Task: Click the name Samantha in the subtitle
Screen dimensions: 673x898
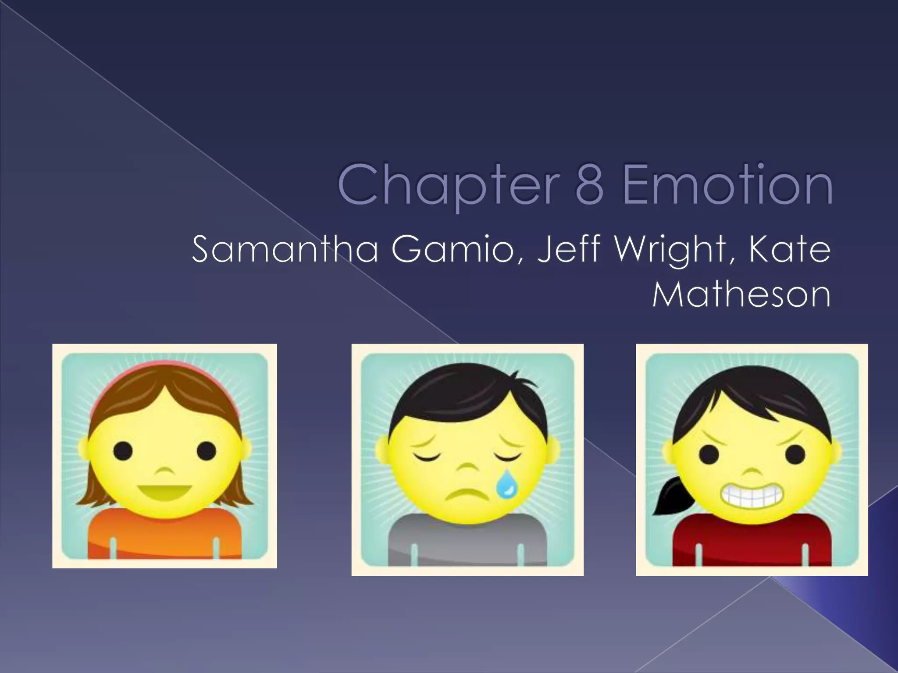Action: (285, 250)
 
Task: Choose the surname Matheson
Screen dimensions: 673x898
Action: (741, 295)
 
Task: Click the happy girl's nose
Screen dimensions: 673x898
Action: (164, 471)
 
